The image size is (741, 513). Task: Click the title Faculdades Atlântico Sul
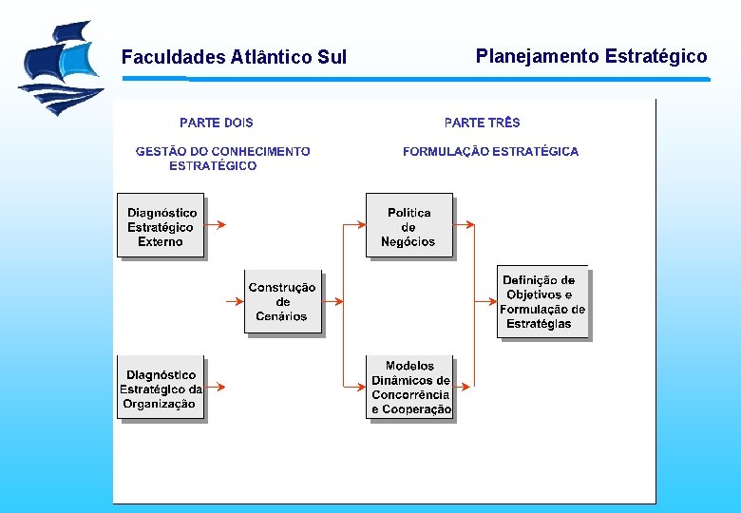[x=234, y=58]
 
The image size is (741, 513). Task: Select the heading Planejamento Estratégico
[x=591, y=56]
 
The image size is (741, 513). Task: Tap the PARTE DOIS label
[x=217, y=123]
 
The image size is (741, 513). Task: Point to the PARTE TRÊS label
[x=482, y=123]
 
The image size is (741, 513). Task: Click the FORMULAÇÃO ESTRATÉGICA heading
[x=490, y=151]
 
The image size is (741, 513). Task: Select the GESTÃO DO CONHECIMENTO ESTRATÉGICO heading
[x=222, y=158]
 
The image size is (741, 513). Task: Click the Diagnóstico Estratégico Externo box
[x=161, y=226]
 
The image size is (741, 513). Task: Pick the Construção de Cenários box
[x=282, y=301]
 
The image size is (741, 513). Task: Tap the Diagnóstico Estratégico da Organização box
[x=161, y=389]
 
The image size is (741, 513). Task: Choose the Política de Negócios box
[x=408, y=226]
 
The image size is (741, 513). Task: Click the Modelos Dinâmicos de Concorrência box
[x=409, y=387]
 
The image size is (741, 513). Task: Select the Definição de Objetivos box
[x=542, y=302]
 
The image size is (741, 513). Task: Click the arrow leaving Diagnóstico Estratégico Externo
[x=216, y=225]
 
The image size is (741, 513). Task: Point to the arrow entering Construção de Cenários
[x=235, y=301]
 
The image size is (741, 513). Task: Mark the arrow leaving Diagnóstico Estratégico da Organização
[x=216, y=387]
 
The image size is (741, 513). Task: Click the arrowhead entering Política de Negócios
[x=360, y=225]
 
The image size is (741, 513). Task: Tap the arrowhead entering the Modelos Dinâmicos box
[x=360, y=387]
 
